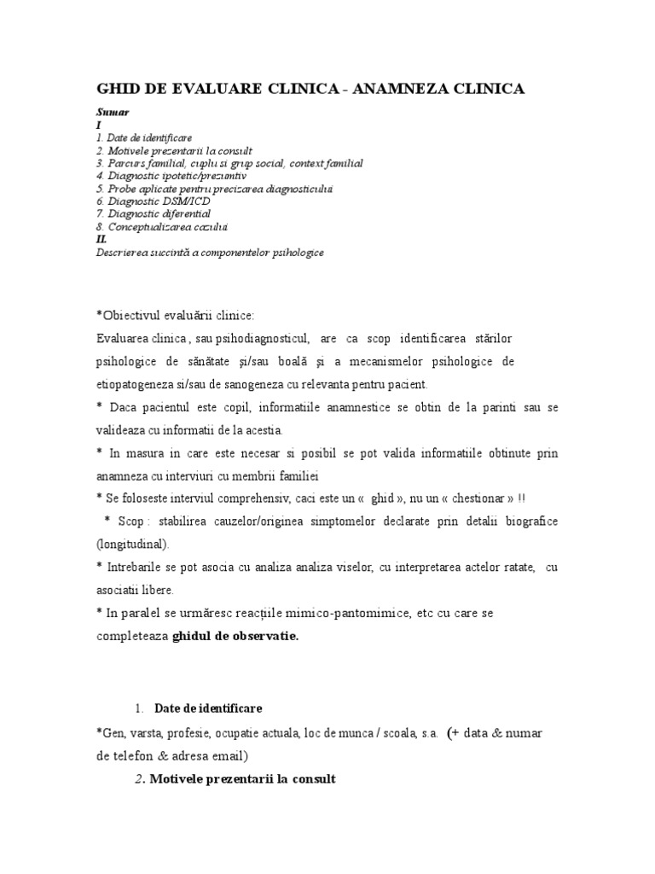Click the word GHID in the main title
[120, 89]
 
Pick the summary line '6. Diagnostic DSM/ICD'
[153, 201]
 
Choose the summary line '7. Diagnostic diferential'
[153, 213]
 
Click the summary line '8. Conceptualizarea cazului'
[161, 227]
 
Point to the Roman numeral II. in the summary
[102, 240]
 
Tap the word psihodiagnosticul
[252, 339]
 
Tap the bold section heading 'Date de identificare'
[208, 709]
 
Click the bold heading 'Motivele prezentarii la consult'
[242, 778]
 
